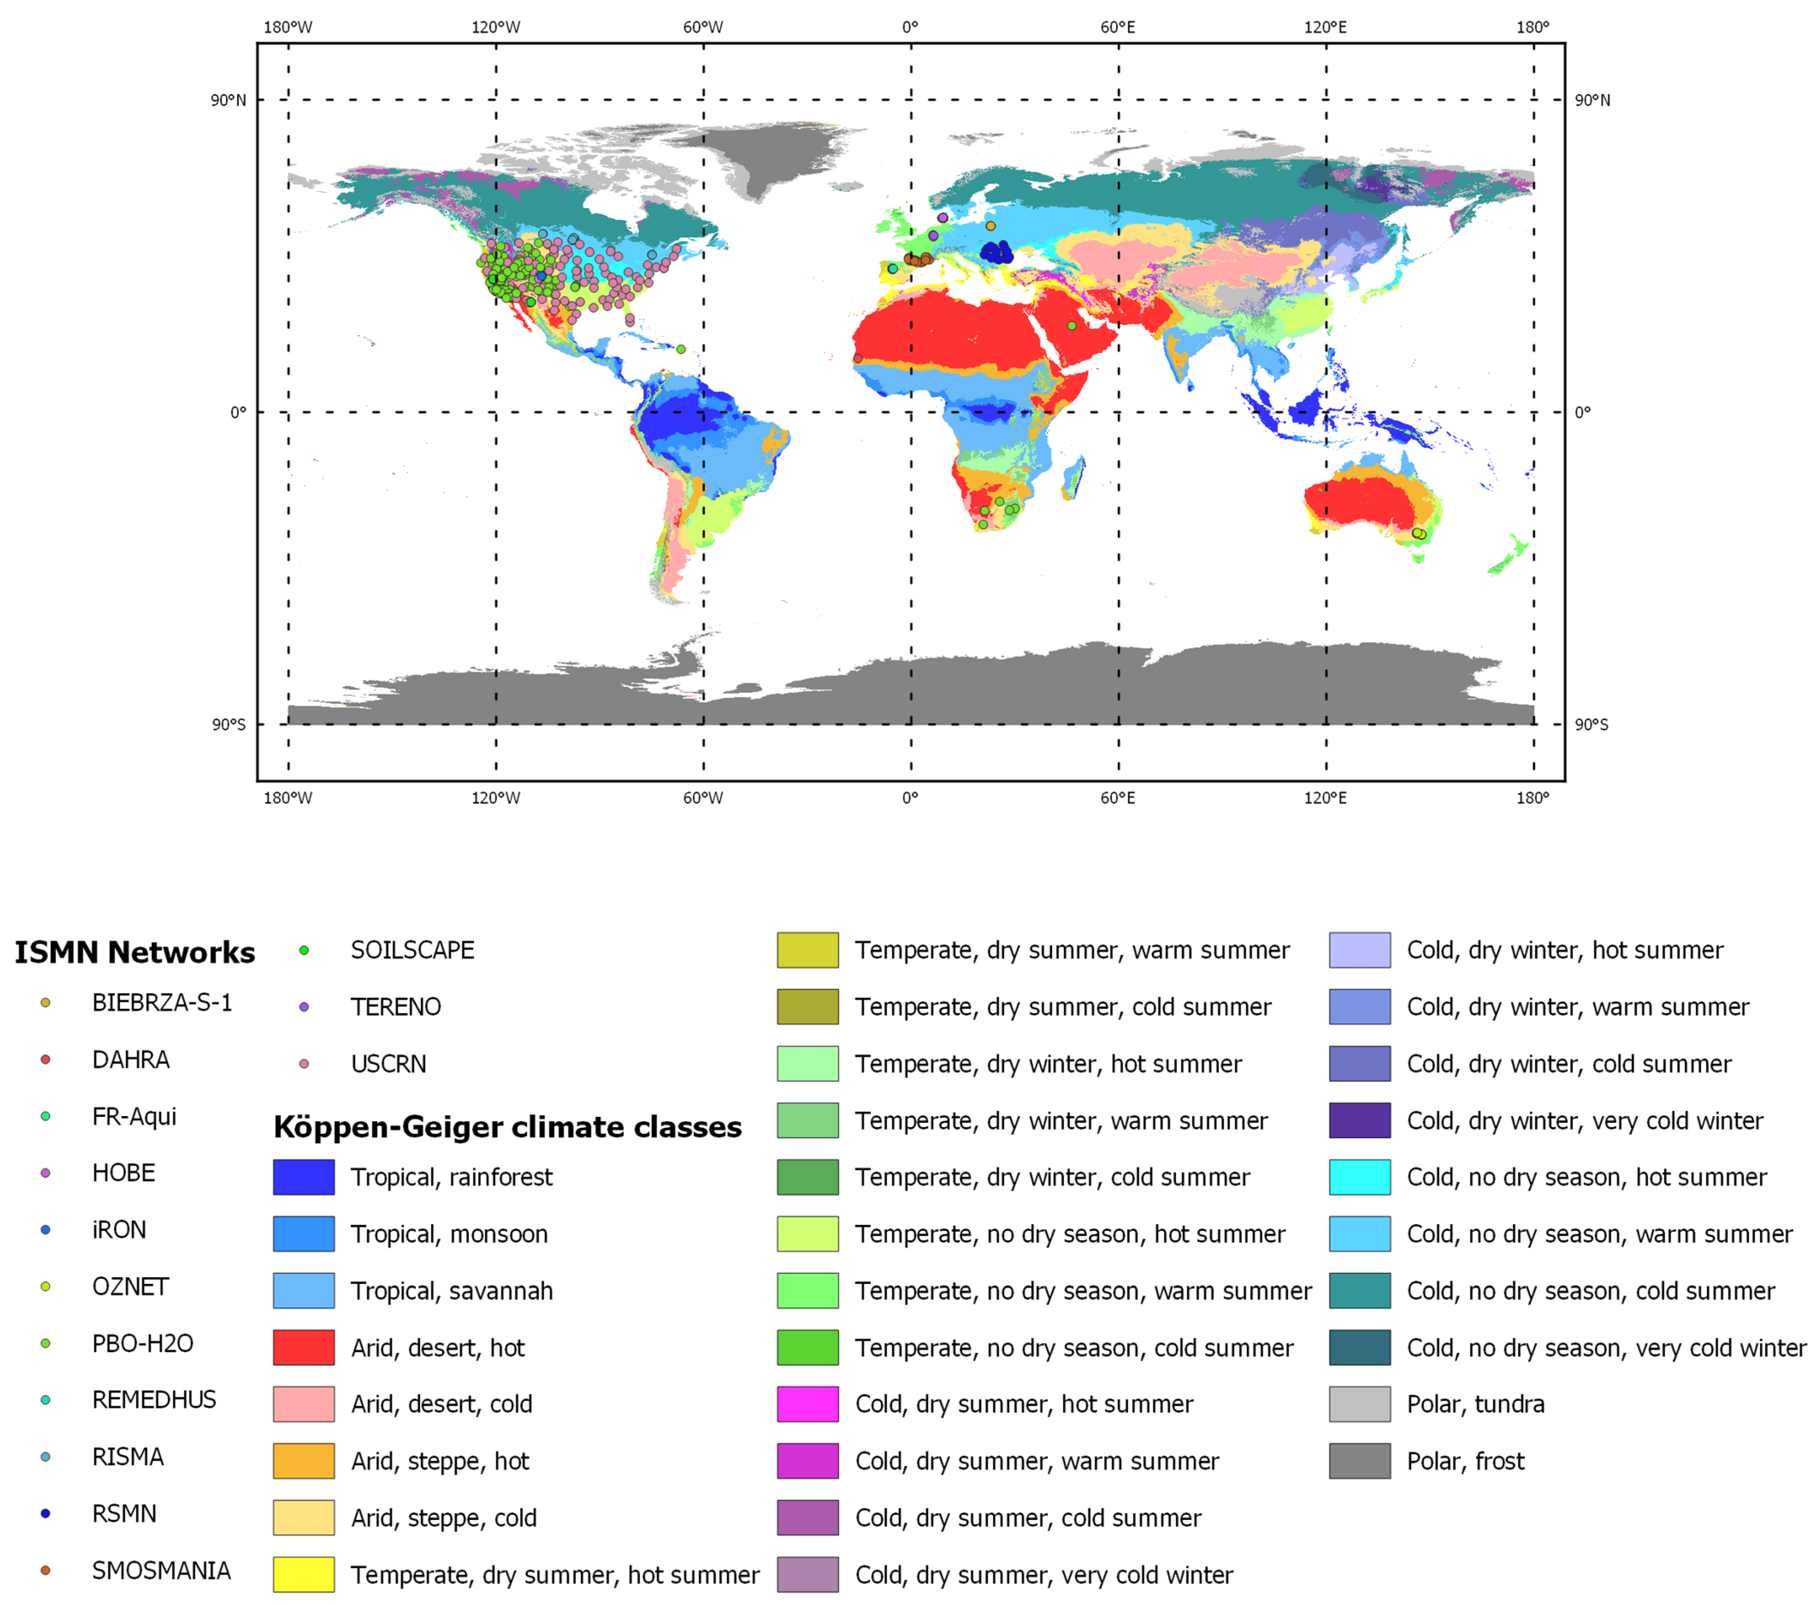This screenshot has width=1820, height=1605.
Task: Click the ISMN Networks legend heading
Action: [x=134, y=952]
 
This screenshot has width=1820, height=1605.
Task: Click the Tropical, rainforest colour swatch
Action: [x=304, y=1177]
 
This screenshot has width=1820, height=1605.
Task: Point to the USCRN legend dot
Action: [x=304, y=1064]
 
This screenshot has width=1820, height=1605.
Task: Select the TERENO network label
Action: [x=395, y=1007]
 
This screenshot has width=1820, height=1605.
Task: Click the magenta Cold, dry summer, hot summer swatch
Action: [x=808, y=1404]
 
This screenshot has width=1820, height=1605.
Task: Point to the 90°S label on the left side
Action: [x=228, y=724]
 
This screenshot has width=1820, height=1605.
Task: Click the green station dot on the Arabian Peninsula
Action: [x=1072, y=326]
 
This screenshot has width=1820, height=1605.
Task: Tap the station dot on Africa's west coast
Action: [x=858, y=359]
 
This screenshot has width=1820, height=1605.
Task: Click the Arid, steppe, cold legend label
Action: [x=443, y=1518]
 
